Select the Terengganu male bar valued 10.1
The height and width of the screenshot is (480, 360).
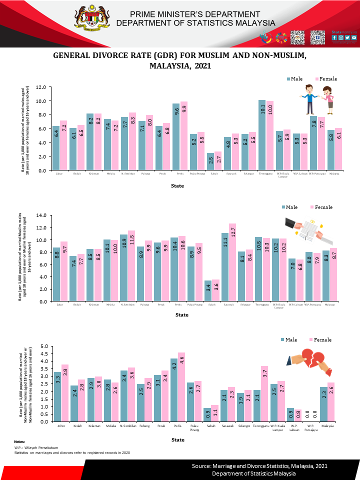click(x=262, y=135)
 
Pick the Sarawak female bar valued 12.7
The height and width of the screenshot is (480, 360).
click(x=232, y=262)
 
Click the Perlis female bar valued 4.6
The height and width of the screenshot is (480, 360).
click(x=181, y=387)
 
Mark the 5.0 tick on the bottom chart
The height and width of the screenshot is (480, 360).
click(x=43, y=346)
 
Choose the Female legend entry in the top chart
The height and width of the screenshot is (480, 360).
click(x=326, y=79)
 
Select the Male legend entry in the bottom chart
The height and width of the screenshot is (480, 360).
click(x=290, y=339)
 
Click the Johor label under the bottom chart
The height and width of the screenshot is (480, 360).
click(x=60, y=427)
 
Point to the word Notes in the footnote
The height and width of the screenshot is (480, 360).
click(x=19, y=441)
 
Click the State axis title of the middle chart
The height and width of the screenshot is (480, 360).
click(x=182, y=315)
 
